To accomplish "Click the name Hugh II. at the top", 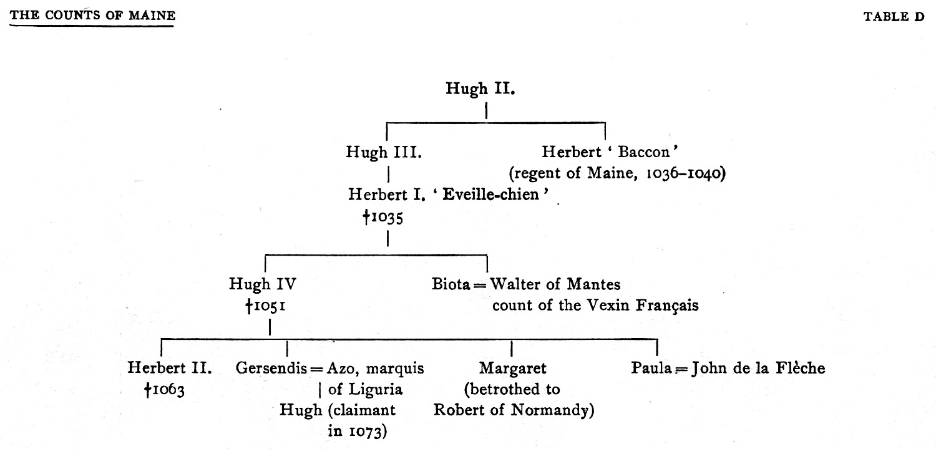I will click(x=480, y=89).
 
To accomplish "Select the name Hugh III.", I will click(x=384, y=152).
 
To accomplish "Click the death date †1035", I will click(x=383, y=217).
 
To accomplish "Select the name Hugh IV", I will click(x=262, y=285).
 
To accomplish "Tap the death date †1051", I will click(x=266, y=307).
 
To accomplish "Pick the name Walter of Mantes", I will click(x=555, y=285).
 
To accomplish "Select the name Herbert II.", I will click(x=170, y=368).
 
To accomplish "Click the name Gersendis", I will click(x=271, y=368).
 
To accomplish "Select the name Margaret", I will click(x=512, y=368).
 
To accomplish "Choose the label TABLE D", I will click(x=893, y=17).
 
